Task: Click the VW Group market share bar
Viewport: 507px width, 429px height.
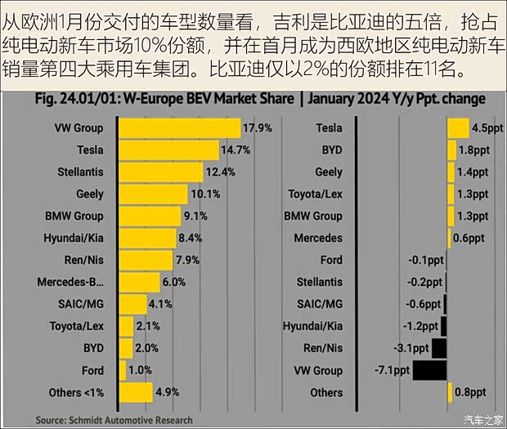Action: tap(179, 127)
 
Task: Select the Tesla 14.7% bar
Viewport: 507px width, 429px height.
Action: tap(168, 150)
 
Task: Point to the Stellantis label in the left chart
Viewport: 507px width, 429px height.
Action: tap(81, 172)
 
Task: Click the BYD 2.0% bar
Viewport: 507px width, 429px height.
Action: tap(125, 348)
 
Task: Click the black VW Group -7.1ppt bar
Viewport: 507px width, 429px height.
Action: tap(429, 370)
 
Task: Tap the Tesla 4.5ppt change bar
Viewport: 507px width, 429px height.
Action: tap(457, 127)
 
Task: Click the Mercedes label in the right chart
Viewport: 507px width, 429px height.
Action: tap(318, 238)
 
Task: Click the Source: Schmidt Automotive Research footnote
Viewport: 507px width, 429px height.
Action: tap(114, 420)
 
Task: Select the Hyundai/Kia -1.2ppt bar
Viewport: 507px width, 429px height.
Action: tap(443, 326)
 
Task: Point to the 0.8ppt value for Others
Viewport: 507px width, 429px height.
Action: tap(470, 392)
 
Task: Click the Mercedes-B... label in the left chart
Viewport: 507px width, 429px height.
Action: tap(70, 282)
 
